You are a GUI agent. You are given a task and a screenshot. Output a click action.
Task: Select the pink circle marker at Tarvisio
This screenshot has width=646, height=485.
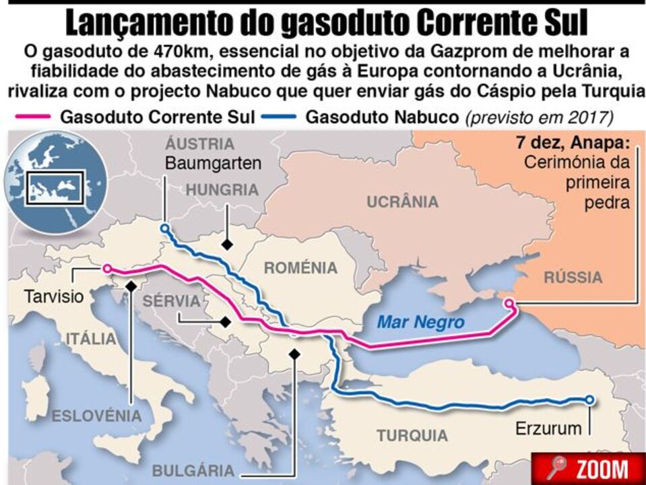pos(106,269)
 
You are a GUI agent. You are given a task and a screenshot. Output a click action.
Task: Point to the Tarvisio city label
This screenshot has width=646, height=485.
pos(53,296)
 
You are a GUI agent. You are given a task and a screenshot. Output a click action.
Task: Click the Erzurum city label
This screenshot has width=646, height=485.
pos(548,427)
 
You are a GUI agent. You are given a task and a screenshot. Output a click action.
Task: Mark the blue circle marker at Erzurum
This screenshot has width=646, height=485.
pos(589,399)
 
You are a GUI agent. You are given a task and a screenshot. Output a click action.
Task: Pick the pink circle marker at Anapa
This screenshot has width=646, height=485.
pos(509,303)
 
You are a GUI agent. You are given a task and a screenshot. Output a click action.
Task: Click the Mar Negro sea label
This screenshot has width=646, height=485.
pos(420,322)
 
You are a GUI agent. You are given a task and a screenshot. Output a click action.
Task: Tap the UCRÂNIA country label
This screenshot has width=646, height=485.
pos(402,201)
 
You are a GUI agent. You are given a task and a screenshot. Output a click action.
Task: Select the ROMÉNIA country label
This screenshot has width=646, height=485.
pos(300,268)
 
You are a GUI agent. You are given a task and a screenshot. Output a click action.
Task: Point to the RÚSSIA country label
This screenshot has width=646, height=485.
pos(573,277)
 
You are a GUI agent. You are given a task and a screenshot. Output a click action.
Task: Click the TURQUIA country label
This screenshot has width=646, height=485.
pos(412,434)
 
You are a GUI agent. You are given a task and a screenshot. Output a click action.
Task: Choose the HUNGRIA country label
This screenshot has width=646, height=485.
pos(222,190)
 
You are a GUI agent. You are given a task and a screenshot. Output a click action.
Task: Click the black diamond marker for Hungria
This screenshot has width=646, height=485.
pos(229,244)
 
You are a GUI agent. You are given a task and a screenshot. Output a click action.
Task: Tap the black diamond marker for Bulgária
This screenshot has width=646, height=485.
pos(294,353)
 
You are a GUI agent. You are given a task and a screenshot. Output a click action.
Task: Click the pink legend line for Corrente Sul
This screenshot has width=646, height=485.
pos(32,117)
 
